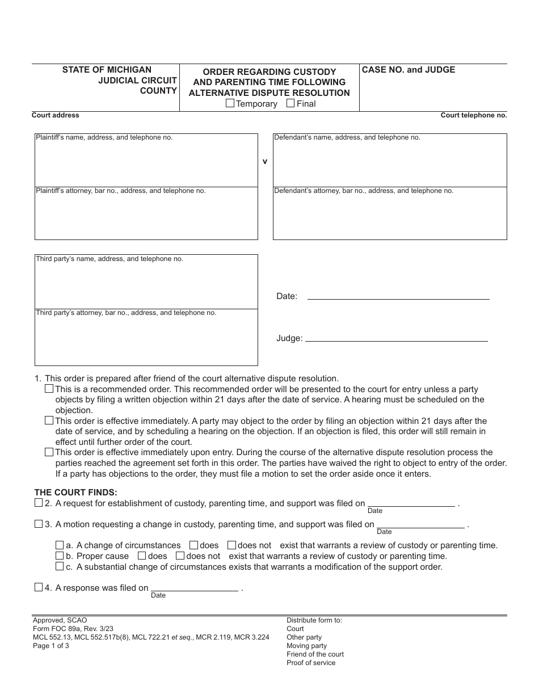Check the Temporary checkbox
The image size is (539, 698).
[230, 103]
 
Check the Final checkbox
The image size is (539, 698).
[290, 103]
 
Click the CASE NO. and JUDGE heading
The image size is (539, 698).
[409, 70]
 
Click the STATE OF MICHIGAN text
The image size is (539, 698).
[107, 70]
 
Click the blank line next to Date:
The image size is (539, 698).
[398, 296]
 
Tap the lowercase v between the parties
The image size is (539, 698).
[264, 161]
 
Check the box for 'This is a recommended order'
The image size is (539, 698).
[49, 389]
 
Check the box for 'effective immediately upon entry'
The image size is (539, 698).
[49, 452]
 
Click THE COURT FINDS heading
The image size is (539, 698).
[76, 493]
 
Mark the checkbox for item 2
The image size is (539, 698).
[39, 503]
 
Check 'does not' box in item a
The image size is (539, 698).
[231, 545]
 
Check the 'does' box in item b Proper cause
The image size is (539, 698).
[142, 556]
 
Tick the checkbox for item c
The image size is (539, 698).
[60, 566]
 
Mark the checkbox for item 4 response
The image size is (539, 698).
[39, 587]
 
